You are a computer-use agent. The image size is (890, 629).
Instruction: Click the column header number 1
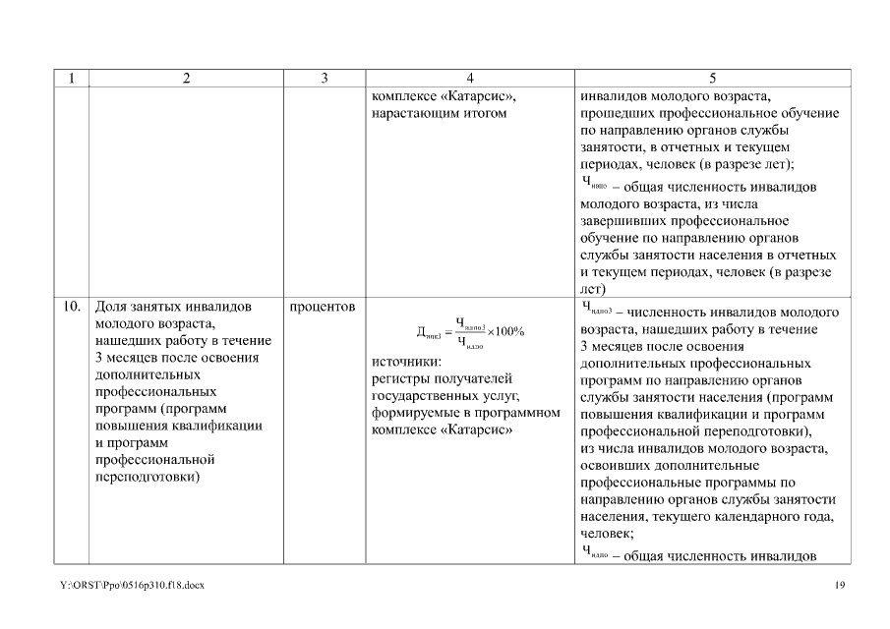point(71,79)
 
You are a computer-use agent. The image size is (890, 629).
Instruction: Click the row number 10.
point(72,307)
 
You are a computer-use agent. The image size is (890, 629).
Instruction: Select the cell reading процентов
point(323,307)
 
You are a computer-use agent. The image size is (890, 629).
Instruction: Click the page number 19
point(839,586)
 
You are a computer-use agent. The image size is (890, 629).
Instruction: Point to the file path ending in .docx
point(132,586)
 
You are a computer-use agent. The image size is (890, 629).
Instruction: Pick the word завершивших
point(623,221)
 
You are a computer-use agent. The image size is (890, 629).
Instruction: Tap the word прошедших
point(623,114)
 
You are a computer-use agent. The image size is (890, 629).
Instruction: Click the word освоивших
point(619,465)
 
